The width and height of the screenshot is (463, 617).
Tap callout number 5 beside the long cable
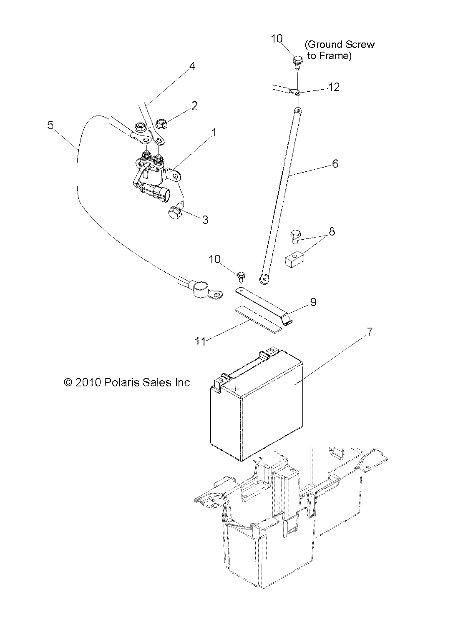tap(50, 125)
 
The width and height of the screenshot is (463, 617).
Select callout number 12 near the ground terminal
tap(334, 87)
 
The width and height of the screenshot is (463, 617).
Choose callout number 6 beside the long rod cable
tap(335, 163)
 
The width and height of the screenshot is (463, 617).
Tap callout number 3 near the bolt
tap(205, 220)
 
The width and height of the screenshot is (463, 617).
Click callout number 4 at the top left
tap(192, 65)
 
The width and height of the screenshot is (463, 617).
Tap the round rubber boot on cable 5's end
tap(198, 286)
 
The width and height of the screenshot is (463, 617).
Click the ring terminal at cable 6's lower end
tap(264, 278)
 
